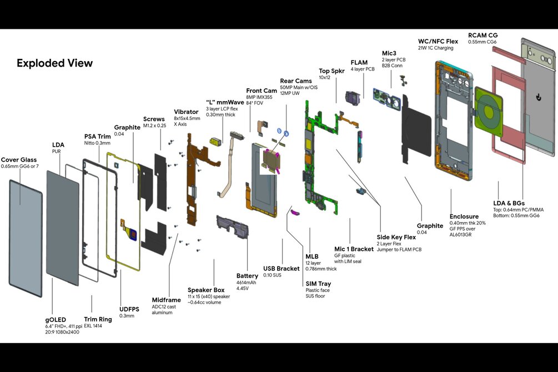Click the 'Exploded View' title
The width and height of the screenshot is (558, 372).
[54, 63]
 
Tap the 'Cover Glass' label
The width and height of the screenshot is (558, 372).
[20, 159]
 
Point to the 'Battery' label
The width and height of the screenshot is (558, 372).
[247, 276]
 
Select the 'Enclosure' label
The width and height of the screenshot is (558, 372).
[464, 217]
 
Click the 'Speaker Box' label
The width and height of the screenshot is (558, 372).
[206, 290]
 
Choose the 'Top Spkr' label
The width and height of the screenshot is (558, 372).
[331, 71]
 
